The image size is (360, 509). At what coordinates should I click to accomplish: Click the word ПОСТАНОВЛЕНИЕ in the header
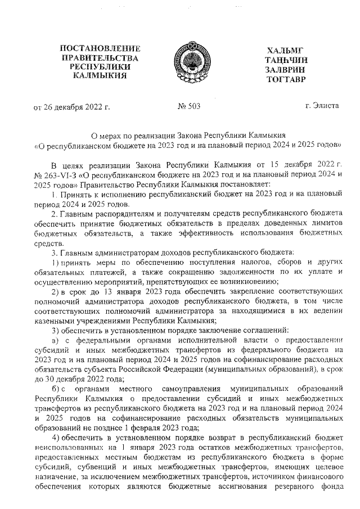pos(100,49)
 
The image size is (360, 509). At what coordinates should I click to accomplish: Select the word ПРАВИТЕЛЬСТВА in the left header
pos(100,58)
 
